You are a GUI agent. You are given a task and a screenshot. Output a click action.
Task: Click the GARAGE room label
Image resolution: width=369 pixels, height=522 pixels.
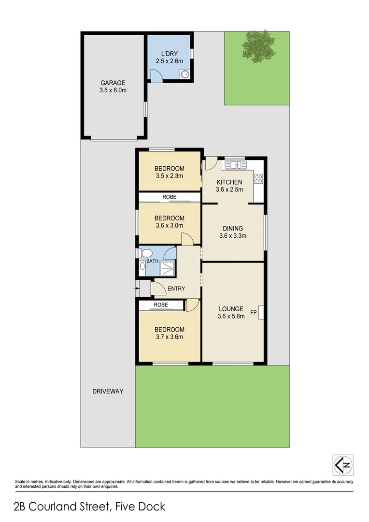113,83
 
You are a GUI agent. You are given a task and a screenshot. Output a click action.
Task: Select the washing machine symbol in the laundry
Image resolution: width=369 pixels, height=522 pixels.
184,74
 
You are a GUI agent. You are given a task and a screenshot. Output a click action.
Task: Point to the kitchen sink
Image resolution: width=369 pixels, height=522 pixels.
235,165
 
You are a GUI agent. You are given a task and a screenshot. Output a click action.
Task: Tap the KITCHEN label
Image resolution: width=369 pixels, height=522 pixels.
229,182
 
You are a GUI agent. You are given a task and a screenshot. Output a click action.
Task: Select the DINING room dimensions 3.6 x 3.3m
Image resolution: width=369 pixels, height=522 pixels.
233,236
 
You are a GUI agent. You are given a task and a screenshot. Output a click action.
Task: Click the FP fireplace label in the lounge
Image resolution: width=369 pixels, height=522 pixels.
253,312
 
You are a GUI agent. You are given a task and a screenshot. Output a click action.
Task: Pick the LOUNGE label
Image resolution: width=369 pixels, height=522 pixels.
231,308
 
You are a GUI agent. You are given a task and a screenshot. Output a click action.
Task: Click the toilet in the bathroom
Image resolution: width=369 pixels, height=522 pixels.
146,253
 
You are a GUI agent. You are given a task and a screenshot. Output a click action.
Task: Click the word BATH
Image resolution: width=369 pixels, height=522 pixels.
153,261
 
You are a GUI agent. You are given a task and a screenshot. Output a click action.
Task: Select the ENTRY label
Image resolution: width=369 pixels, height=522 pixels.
176,289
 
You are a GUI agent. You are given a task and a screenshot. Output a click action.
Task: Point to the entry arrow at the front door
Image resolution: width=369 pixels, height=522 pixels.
133,289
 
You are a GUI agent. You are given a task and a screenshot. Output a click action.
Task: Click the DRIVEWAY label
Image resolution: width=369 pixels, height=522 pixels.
108,391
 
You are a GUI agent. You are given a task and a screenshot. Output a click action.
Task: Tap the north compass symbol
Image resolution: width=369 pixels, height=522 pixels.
343,465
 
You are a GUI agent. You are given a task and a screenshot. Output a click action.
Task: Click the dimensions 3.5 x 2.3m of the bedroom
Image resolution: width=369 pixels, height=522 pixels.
169,176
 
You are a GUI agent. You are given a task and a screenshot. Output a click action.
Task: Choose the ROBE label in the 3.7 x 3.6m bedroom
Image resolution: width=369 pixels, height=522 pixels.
161,305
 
